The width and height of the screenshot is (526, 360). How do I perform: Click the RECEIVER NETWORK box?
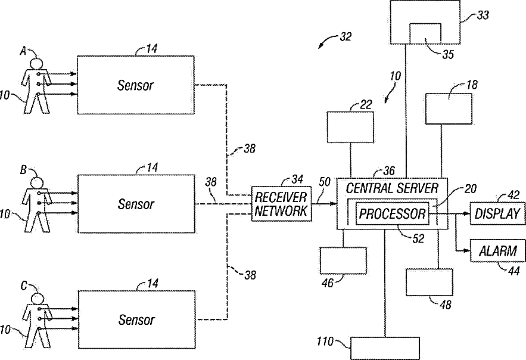pos(281,204)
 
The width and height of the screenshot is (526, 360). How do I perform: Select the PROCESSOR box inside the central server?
pos(392,213)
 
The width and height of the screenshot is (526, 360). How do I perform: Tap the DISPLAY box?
pos(497,213)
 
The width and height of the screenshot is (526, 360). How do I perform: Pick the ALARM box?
pos(497,250)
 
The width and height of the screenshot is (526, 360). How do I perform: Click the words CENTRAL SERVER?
pos(392,188)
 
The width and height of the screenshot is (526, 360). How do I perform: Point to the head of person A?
pos(36,64)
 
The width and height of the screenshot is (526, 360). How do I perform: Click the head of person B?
pos(37,183)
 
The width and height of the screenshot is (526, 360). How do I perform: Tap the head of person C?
pos(37,299)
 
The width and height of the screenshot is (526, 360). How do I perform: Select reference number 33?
pos(483,15)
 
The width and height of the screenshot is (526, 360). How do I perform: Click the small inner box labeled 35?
pos(425,33)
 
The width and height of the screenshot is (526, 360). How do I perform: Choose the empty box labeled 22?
pos(350,127)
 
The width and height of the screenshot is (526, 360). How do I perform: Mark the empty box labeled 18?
pos(449,108)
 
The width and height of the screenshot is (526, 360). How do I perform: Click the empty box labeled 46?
pos(343,260)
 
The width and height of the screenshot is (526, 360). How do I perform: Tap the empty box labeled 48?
pos(429,282)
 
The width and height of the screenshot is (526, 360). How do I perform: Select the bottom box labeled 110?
pos(385,348)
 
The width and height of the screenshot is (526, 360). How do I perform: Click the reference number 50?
pos(325,182)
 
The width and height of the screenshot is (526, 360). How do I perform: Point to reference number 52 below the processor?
pos(418,238)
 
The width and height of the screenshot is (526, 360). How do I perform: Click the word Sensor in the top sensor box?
pos(135,85)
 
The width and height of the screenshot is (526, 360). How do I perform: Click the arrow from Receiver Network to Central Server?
pos(324,204)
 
